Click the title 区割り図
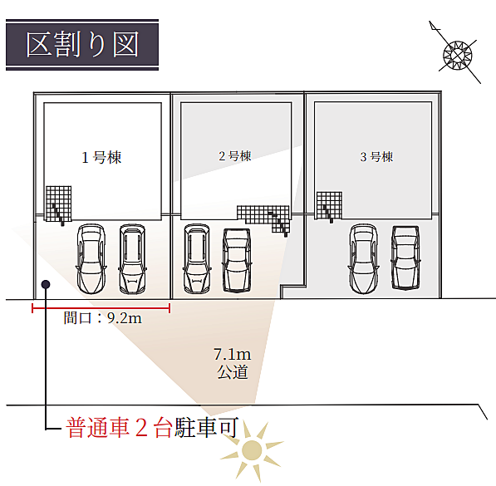pos(82,44)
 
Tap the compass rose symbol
pos(458,55)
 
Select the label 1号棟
pos(101,157)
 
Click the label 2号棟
pos(235,156)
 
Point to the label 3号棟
pos(376,157)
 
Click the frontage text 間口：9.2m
pos(102,318)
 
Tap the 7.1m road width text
pos(232,355)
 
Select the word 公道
pos(232,372)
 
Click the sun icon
pos(252,450)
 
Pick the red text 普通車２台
pos(120,428)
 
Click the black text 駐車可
pos(206,428)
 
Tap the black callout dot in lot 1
pos(46,284)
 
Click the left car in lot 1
pos(91,259)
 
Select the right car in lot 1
pos(133,259)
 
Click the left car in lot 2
pos(197,259)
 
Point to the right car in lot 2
pos(237,260)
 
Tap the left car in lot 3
pos(363,259)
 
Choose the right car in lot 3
pos(405,258)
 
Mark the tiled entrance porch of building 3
pos(329,205)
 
